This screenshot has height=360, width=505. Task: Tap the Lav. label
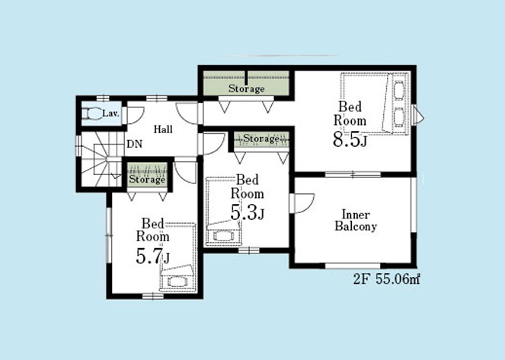[110, 113]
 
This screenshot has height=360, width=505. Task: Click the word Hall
[163, 129]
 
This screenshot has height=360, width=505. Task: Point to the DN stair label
[134, 144]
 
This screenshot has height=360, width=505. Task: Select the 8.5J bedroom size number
[350, 140]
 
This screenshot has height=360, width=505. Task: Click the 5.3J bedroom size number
[248, 213]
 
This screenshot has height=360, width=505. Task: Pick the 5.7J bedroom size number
[152, 256]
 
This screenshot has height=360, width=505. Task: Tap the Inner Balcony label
[356, 221]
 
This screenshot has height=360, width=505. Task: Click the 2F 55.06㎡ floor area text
[386, 279]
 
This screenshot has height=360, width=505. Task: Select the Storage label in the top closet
[246, 88]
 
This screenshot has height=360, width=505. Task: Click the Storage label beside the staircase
[147, 179]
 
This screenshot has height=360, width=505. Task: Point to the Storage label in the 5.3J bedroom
[261, 139]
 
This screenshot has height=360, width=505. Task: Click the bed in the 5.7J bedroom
[177, 257]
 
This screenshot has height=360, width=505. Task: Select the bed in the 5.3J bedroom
[223, 212]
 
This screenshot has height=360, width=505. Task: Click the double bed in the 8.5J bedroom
[376, 104]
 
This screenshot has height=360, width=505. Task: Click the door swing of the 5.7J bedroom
[184, 173]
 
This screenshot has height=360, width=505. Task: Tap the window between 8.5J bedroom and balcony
[353, 174]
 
